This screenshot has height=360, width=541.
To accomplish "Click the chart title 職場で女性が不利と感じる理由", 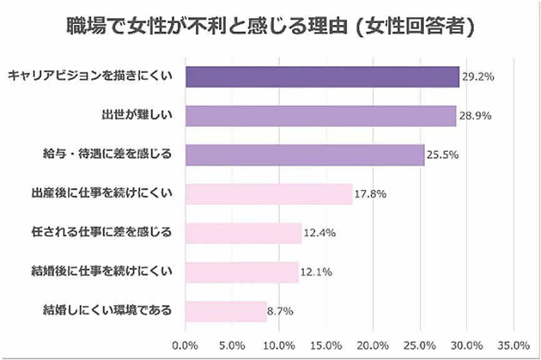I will pos(270,26).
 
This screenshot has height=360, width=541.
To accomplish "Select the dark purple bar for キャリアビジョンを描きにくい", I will pos(322,77).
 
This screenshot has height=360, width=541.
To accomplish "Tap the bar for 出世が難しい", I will pos(320,116).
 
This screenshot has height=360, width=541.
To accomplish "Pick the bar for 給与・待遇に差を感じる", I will pos(305,155).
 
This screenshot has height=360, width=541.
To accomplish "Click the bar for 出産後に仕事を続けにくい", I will pos(269,194).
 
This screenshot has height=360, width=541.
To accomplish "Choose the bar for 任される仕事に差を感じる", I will pos(243,233).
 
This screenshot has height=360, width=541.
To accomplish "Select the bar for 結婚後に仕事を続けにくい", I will pos(242,272).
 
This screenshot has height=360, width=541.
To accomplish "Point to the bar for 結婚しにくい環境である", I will pos(226,311).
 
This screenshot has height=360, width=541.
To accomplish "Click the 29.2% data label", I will pos(478,77).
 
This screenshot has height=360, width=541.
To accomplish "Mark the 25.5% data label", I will pos(443,155).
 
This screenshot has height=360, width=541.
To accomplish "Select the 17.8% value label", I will pos(370,194).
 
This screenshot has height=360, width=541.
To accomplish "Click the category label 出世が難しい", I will pos(136,115).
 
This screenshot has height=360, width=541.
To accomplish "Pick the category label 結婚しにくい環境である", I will pos(106,310).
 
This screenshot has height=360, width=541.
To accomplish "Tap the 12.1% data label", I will pos(316,272).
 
